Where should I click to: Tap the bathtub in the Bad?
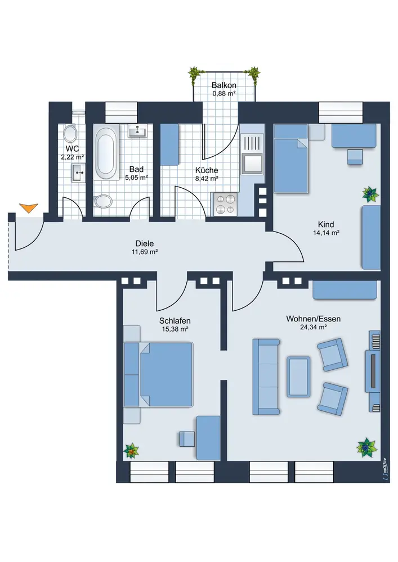point(106,153)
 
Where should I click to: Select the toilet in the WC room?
point(71,134)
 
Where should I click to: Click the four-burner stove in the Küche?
point(225,203)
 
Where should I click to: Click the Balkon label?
point(223,85)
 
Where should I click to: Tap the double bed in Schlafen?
point(166,374)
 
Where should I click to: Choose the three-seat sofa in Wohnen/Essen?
point(266,374)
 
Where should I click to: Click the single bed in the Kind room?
point(291,160)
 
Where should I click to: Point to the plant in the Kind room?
point(370,194)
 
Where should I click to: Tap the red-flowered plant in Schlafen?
point(131,450)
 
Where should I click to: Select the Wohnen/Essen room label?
point(306,318)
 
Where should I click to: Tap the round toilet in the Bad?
point(104,201)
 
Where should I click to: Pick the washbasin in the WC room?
point(78,172)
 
